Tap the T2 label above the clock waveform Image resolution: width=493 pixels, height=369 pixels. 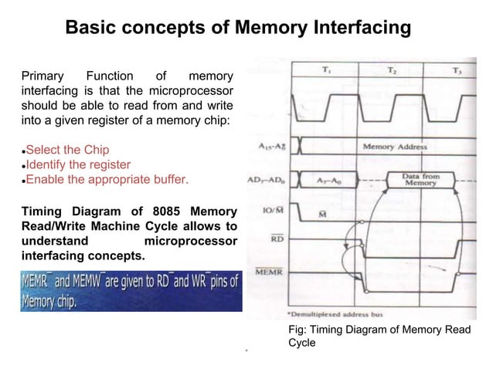tap(393, 70)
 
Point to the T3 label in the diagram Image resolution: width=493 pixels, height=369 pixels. tap(457, 70)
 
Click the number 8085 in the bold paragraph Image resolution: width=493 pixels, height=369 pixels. tap(148, 211)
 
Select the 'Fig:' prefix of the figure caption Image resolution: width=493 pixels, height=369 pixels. tap(297, 330)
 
